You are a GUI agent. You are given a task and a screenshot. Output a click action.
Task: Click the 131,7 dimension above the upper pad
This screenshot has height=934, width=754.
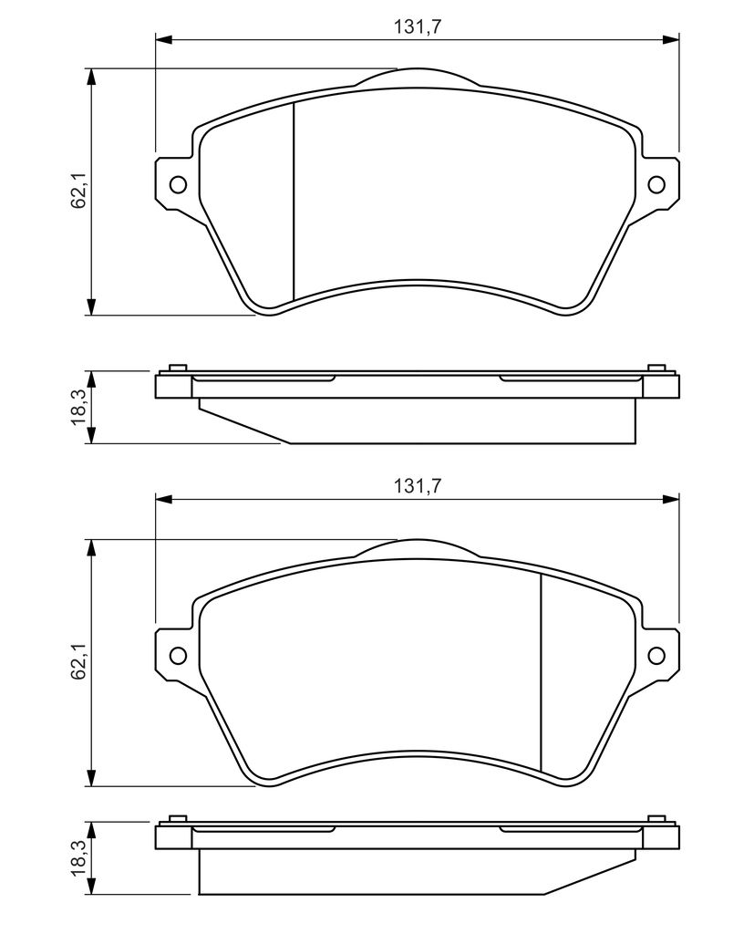pos(417,27)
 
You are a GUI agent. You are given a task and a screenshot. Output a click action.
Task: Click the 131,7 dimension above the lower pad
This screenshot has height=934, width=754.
pos(417,487)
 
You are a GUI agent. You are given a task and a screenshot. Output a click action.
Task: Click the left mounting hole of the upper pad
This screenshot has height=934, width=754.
pos(178,184)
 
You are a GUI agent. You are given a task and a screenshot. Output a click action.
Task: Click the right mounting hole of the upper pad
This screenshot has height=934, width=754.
pos(656,184)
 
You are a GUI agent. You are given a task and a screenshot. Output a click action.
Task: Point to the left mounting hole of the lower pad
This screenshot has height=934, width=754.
pos(178,655)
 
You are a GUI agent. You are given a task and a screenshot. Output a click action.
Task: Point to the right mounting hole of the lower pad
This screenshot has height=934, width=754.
pos(656,655)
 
